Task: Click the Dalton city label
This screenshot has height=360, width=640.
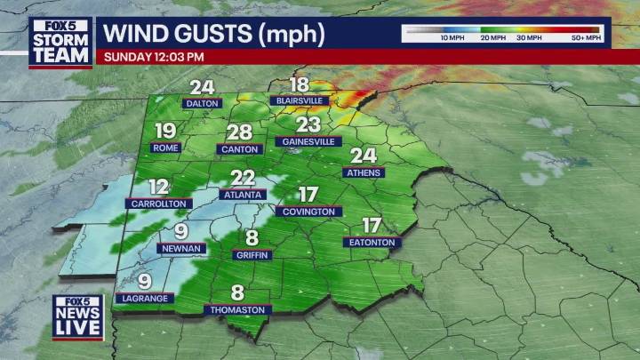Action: [202, 103]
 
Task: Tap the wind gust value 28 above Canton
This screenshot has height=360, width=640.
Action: [240, 132]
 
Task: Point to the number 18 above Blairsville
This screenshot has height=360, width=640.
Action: [300, 85]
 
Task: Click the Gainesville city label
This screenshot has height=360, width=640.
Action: [308, 141]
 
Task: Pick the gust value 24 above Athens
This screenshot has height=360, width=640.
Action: [364, 156]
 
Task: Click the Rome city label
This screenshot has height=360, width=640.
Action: [165, 148]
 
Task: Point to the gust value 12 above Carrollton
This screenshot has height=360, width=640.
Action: [159, 187]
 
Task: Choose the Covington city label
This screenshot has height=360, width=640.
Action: [308, 212]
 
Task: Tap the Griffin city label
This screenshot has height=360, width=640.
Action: [252, 254]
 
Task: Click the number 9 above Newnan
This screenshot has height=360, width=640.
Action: [180, 232]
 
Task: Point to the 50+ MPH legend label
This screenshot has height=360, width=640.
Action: [587, 39]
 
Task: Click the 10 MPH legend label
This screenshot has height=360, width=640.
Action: [452, 39]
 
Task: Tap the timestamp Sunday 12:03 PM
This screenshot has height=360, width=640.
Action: [155, 56]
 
